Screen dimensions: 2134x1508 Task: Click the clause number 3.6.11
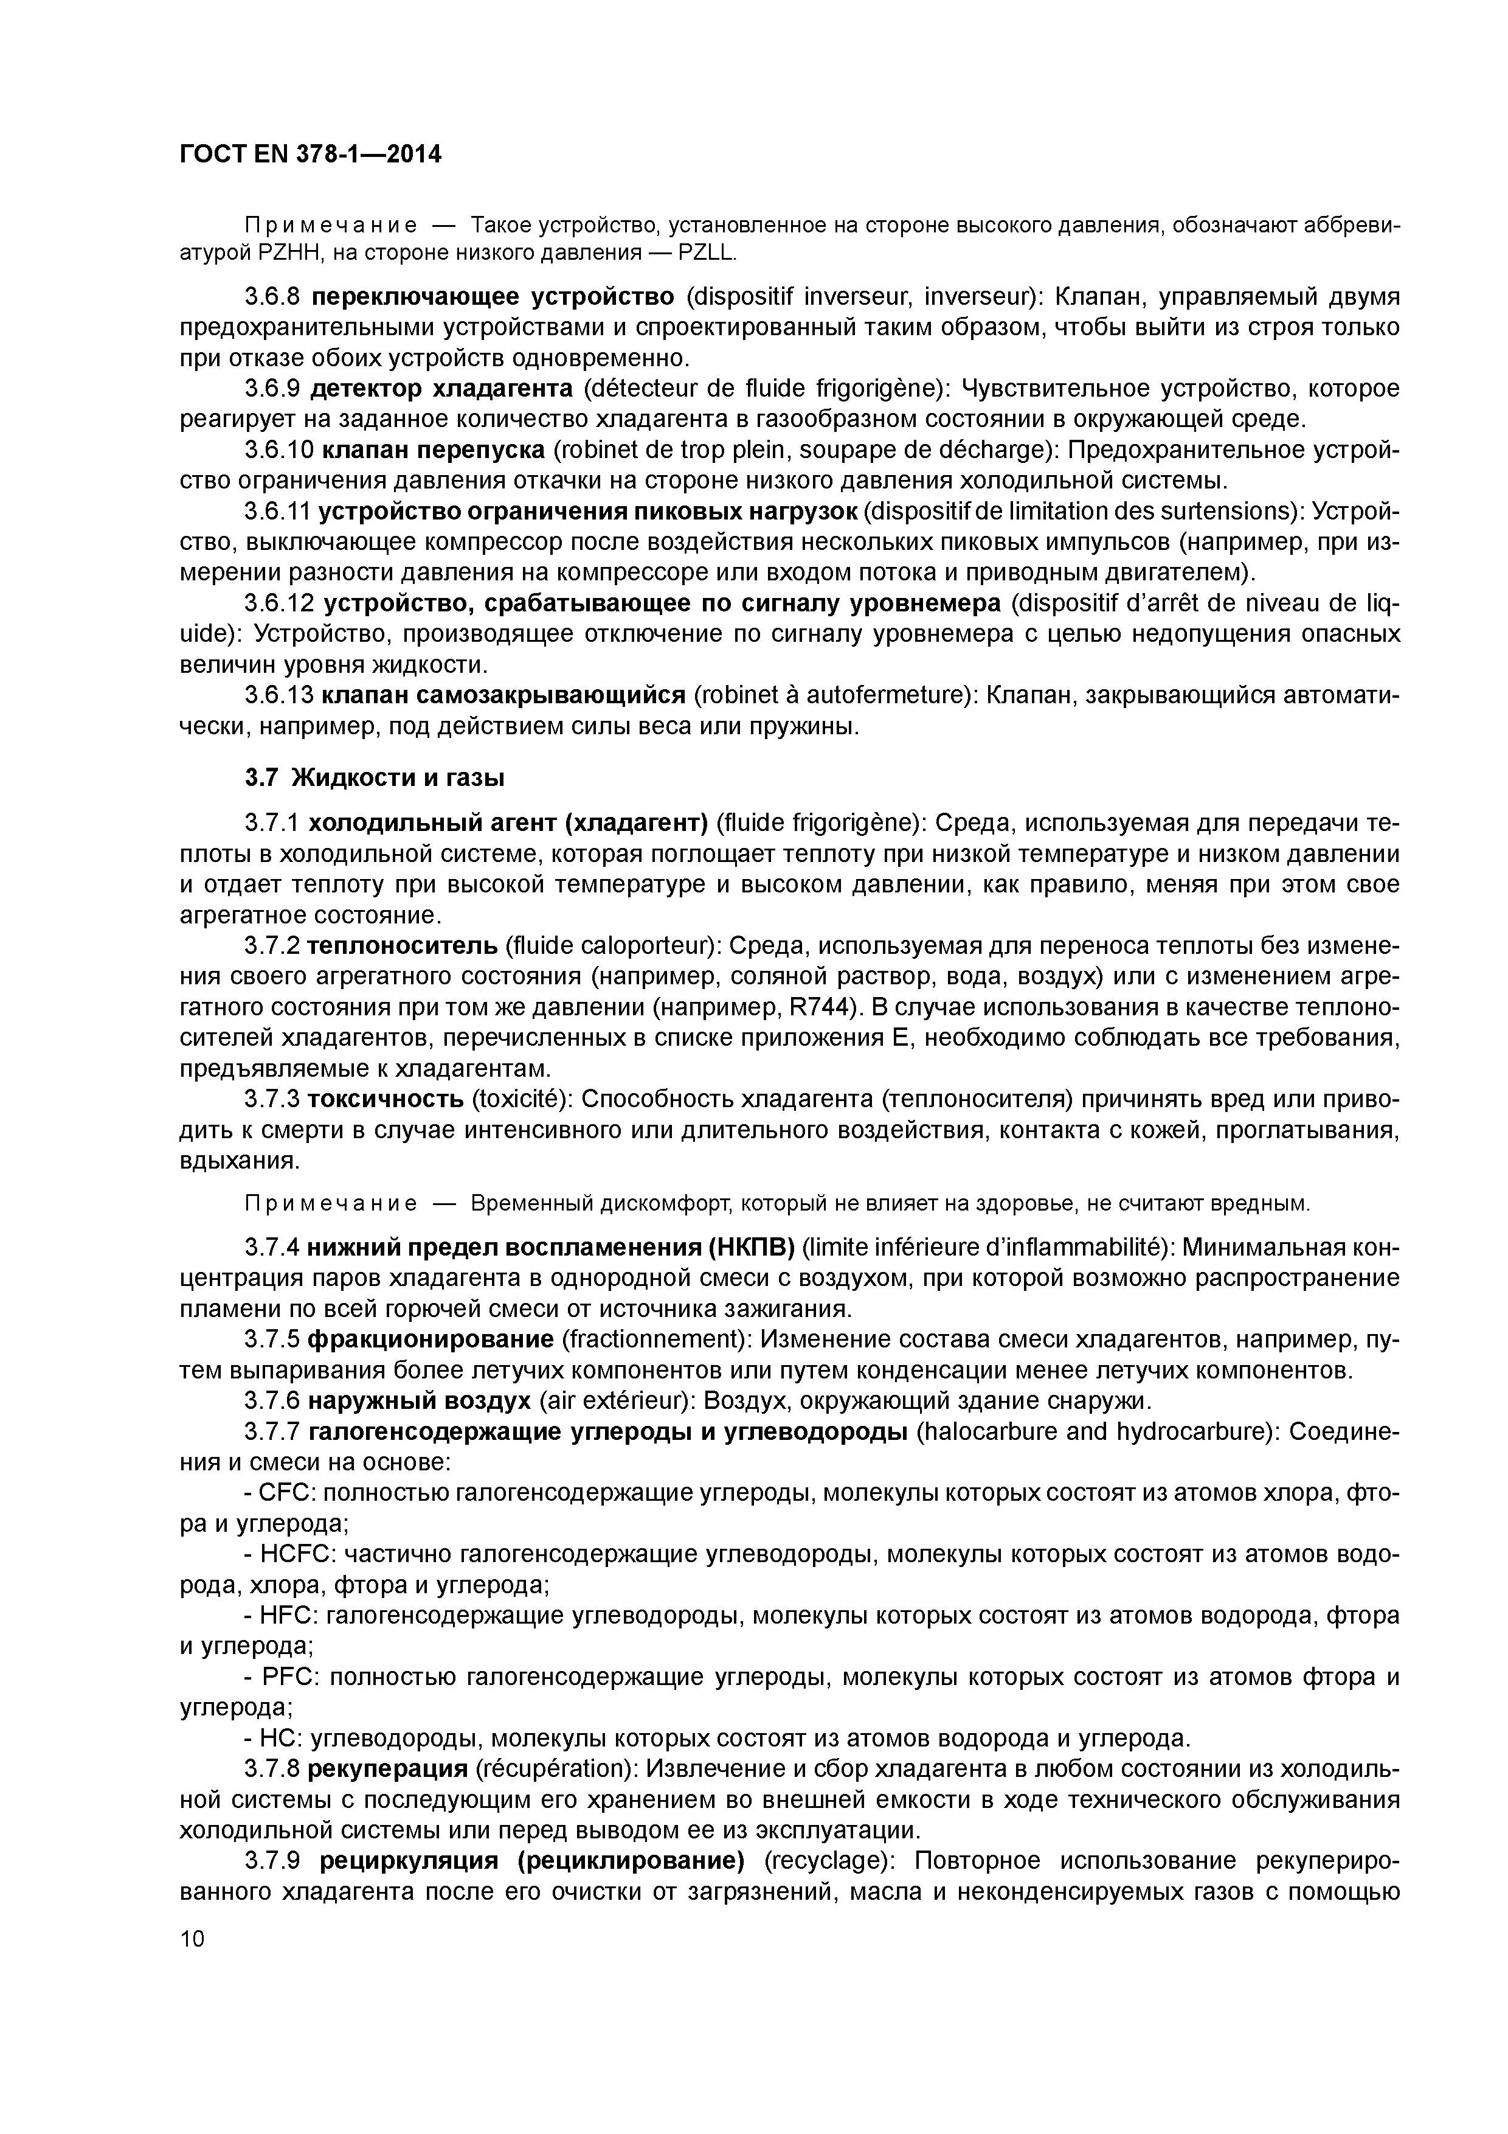pos(278,511)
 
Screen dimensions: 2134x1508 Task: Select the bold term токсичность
pos(386,1099)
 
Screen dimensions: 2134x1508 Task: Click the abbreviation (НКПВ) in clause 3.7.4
pos(749,1246)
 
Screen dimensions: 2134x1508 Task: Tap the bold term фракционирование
pos(430,1340)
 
